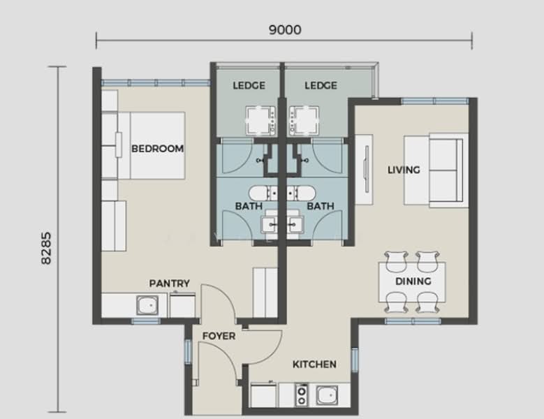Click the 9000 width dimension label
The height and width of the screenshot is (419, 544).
point(284,29)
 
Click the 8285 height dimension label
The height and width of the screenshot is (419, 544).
point(47,248)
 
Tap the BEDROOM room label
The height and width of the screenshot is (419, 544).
point(157,149)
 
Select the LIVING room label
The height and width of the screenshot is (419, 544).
point(404,170)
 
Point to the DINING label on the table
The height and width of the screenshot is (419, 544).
point(413,281)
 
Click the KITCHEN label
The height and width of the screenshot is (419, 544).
point(314,364)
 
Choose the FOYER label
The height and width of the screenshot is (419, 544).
point(219,336)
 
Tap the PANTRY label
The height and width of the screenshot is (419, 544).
point(169,283)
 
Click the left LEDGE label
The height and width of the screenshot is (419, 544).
point(249,86)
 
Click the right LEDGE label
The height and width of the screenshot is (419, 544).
point(321,86)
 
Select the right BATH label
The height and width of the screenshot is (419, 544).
point(320,206)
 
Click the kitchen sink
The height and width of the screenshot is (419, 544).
point(327,395)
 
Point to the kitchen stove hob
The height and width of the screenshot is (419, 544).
point(302,395)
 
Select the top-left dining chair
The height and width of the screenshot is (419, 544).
point(395,260)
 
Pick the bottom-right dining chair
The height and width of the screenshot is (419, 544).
point(427,303)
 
